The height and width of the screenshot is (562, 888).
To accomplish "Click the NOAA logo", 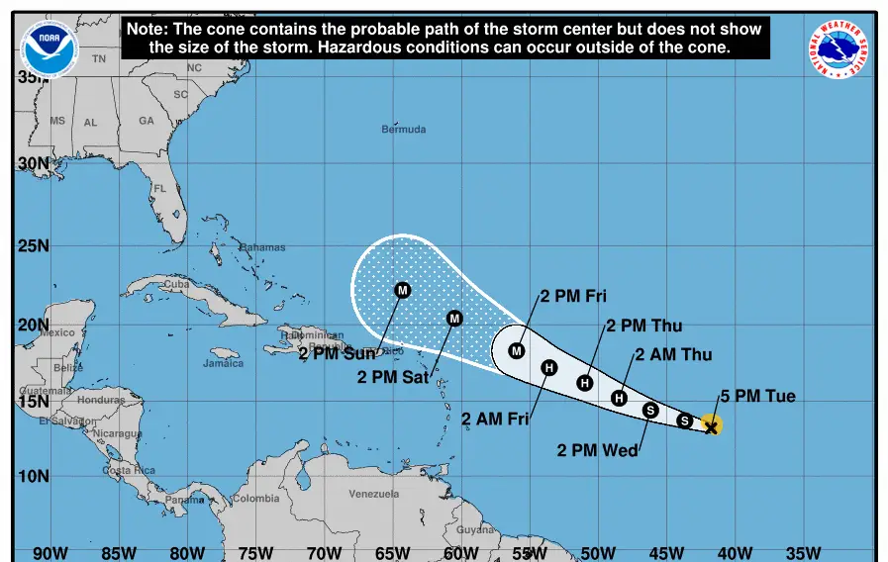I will pyautogui.click(x=49, y=47).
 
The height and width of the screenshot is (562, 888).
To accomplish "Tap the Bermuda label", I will pyautogui.click(x=404, y=130).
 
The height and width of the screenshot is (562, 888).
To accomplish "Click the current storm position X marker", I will pyautogui.click(x=711, y=425).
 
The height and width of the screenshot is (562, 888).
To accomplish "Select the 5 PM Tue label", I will pyautogui.click(x=757, y=397).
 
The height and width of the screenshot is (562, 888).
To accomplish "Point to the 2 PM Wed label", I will pyautogui.click(x=597, y=450).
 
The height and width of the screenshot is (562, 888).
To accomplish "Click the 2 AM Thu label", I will pyautogui.click(x=673, y=354).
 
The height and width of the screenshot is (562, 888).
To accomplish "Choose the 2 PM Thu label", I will pyautogui.click(x=643, y=326).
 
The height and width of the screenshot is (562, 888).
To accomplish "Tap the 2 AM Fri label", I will pyautogui.click(x=495, y=419).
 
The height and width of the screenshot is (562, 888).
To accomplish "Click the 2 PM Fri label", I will pyautogui.click(x=573, y=296).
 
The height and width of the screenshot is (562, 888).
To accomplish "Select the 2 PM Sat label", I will pyautogui.click(x=391, y=376).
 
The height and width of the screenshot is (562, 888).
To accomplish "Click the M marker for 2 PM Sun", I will pyautogui.click(x=402, y=290).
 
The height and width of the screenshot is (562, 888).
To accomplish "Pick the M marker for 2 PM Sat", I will pyautogui.click(x=454, y=318).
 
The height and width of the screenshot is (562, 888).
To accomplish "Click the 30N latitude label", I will pyautogui.click(x=33, y=164).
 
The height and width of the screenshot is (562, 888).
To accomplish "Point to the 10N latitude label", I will pyautogui.click(x=33, y=476).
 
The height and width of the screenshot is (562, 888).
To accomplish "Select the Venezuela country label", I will pyautogui.click(x=374, y=494).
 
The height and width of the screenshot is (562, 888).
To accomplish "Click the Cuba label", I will pyautogui.click(x=175, y=284).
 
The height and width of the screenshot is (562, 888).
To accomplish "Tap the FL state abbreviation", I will pyautogui.click(x=159, y=188).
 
